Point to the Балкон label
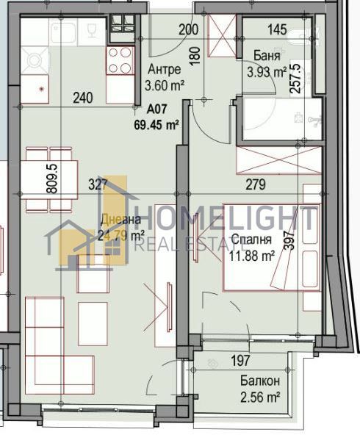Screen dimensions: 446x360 pyautogui.click(x=259, y=381)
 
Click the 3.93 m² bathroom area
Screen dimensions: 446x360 pyautogui.click(x=267, y=72)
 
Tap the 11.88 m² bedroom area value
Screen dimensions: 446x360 pyautogui.click(x=252, y=256)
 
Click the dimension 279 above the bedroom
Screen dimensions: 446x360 pyautogui.click(x=254, y=186)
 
